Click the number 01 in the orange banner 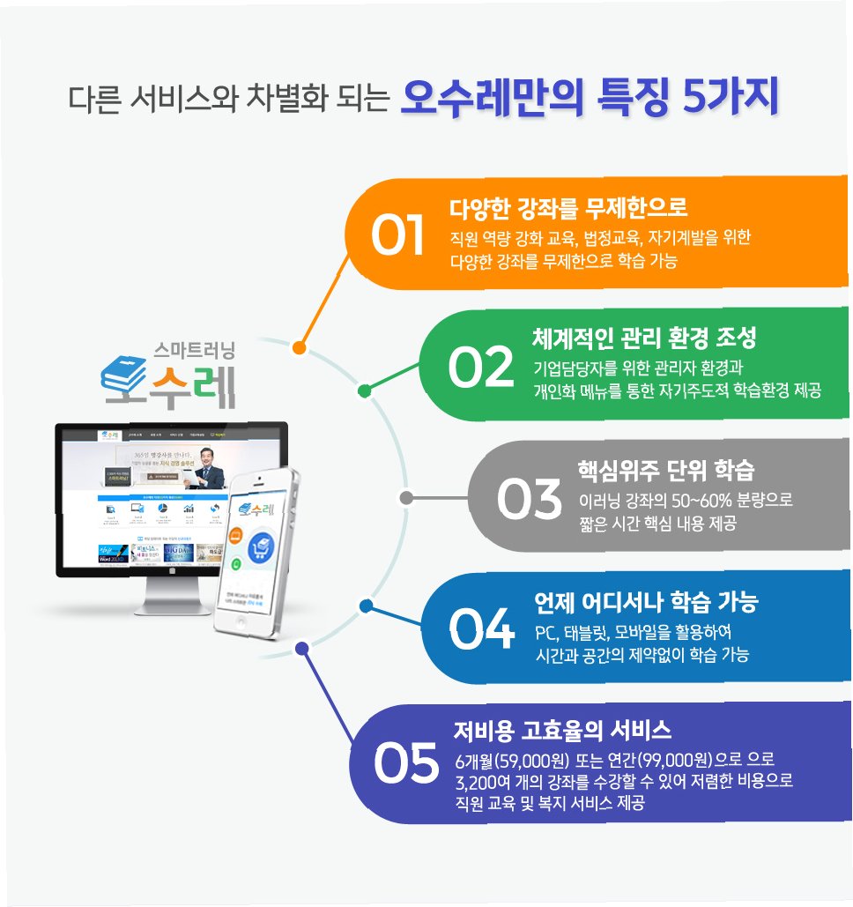tap(398, 236)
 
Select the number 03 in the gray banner tap(528, 499)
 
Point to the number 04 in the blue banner tap(481, 629)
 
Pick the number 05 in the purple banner tap(405, 763)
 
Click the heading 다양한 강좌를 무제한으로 tap(567, 209)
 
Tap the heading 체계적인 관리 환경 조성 tap(644, 338)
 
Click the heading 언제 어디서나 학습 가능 tap(646, 603)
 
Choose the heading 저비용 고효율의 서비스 tap(562, 731)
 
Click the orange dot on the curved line tap(300, 347)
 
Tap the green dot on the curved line tap(365, 390)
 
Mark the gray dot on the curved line tap(405, 498)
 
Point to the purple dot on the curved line tap(301, 648)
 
